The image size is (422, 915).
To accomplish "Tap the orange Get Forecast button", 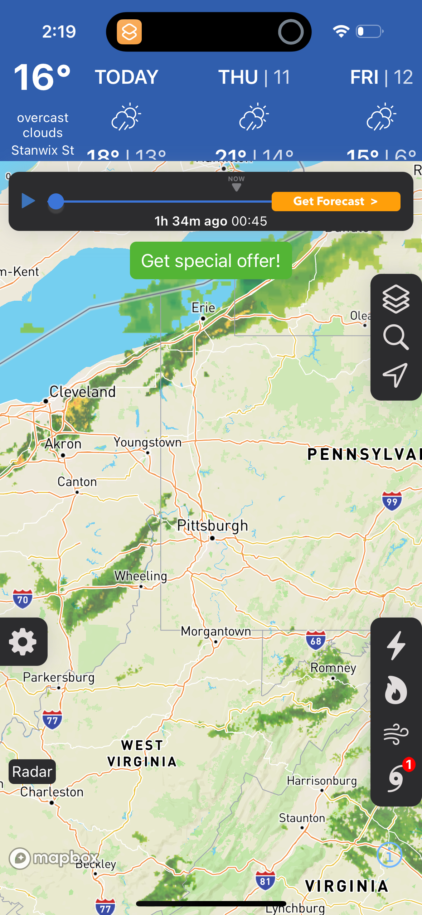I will tap(335, 201).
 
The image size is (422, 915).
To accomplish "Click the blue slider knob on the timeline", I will tap(56, 202).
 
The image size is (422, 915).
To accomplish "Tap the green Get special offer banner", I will tap(210, 260).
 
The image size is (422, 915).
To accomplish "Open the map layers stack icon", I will tap(396, 299).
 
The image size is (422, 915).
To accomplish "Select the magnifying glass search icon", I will tap(396, 337).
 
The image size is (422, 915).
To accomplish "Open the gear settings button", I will tap(23, 642).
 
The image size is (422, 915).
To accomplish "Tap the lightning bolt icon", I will tap(396, 645).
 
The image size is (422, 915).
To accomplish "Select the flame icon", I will tap(396, 690).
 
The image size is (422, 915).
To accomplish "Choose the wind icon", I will tap(396, 734).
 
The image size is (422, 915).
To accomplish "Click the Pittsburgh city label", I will tap(212, 526).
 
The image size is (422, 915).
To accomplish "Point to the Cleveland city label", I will tap(82, 392).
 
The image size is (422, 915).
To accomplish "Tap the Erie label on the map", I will tap(203, 308).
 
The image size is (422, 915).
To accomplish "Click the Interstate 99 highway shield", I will tap(392, 501).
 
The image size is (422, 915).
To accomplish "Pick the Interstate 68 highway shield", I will tap(316, 640).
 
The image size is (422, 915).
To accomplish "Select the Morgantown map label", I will tap(216, 631).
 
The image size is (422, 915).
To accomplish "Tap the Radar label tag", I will tap(32, 771).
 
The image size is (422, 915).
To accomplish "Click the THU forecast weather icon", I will tap(254, 117).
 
